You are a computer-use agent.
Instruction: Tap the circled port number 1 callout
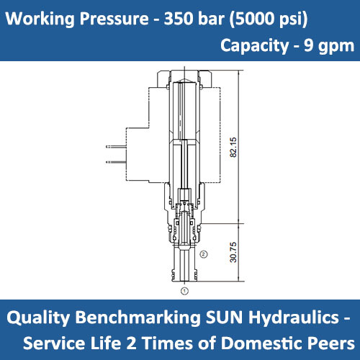[x=185, y=291]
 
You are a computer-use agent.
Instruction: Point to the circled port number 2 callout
[x=204, y=253]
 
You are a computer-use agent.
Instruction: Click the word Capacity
[x=253, y=46]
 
